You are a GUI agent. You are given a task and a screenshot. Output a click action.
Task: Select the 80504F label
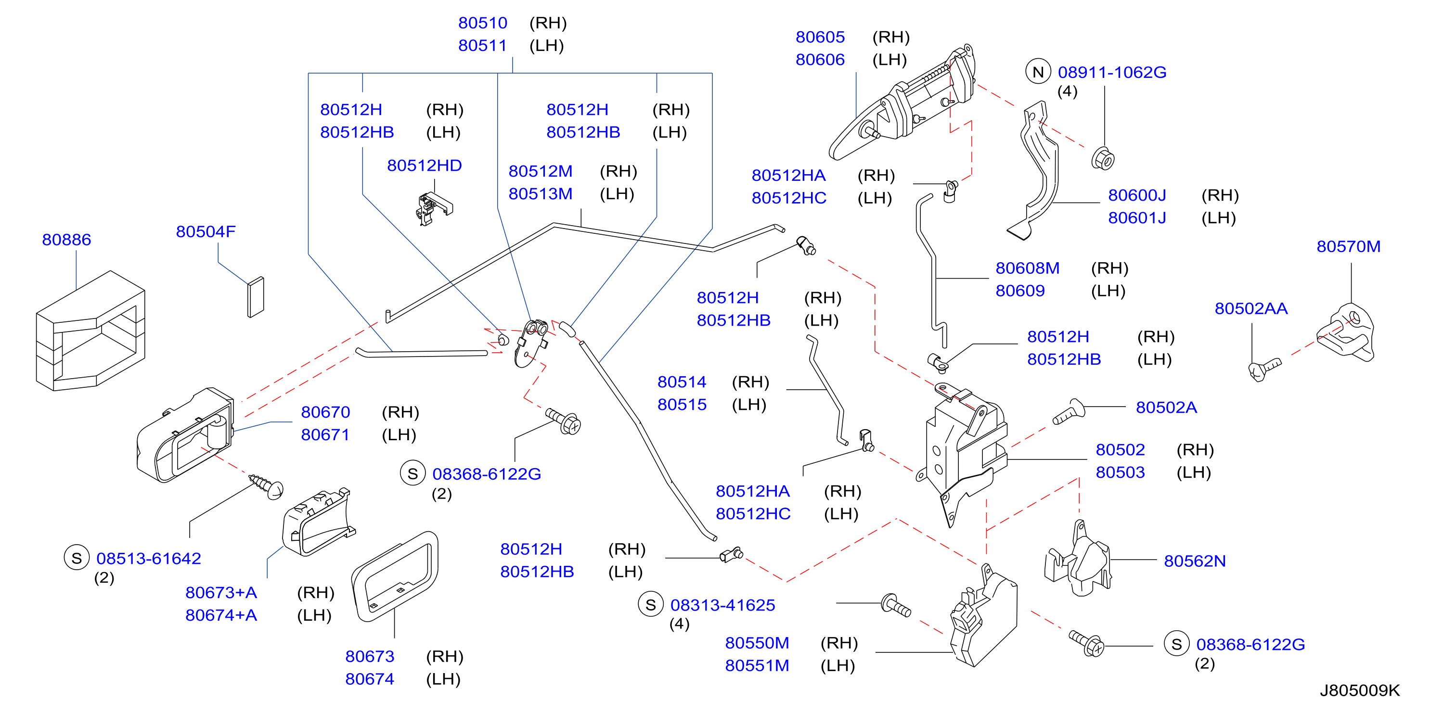206,231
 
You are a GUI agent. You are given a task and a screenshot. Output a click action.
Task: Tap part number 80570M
1348,246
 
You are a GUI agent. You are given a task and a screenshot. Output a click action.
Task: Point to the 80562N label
1194,561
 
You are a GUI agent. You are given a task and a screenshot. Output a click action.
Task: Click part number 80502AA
1251,308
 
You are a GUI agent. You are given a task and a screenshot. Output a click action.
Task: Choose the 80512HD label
424,166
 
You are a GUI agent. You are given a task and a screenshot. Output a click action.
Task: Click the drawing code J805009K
1359,690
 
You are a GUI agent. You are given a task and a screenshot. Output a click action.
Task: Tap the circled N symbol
1038,72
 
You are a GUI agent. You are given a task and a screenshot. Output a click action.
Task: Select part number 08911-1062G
1112,72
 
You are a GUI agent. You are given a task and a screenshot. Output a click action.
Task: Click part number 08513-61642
149,559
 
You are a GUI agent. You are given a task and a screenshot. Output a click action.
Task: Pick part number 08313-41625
722,605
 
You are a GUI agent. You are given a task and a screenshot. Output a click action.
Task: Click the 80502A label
1166,407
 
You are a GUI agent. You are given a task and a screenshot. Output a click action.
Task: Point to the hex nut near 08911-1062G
1102,158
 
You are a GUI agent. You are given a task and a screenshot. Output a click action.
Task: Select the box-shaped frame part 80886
90,331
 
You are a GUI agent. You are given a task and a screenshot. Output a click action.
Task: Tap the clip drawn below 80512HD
434,208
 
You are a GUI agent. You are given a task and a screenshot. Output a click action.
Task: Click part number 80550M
757,643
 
